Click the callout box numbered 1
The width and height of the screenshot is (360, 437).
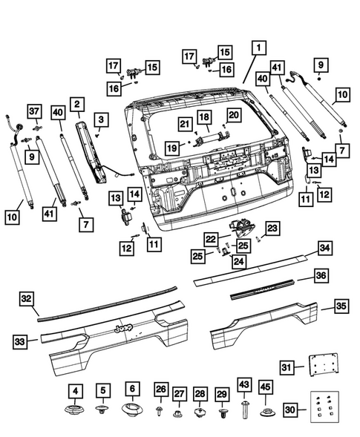click(x=257, y=47)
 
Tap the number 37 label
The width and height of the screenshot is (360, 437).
click(x=34, y=111)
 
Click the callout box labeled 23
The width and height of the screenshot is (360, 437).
click(x=272, y=228)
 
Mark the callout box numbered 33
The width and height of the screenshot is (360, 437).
click(x=21, y=341)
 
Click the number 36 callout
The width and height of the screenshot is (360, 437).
click(x=321, y=275)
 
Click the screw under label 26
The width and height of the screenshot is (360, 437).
click(x=160, y=410)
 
